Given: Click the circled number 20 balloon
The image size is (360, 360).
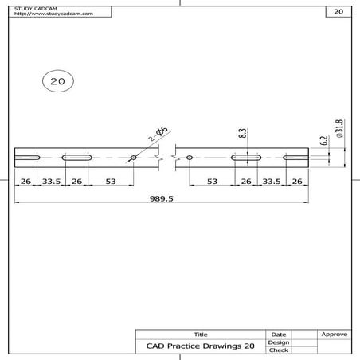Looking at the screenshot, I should point(57,81).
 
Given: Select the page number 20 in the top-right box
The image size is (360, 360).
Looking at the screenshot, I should point(338,13).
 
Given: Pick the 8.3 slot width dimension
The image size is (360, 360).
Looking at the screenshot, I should point(241,136).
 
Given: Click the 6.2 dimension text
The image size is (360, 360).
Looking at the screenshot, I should point(324,141).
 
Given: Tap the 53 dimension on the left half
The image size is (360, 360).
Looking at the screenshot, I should point(111,182).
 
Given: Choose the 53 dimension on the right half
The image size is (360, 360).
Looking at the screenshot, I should point(213,182).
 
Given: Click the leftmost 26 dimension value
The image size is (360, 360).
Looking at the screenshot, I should point(25,182).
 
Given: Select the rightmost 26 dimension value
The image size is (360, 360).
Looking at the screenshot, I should point(297,182).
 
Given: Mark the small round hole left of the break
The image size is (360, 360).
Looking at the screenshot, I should point(133,158).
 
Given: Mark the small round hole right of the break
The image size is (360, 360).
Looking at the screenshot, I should point(189,158).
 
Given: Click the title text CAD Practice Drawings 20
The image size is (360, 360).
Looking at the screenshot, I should point(200,346).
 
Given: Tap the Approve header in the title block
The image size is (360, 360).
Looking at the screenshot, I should point(333,335).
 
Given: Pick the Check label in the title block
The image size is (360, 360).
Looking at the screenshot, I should point(279,350).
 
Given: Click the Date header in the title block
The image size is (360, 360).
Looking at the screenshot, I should point(279,335).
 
